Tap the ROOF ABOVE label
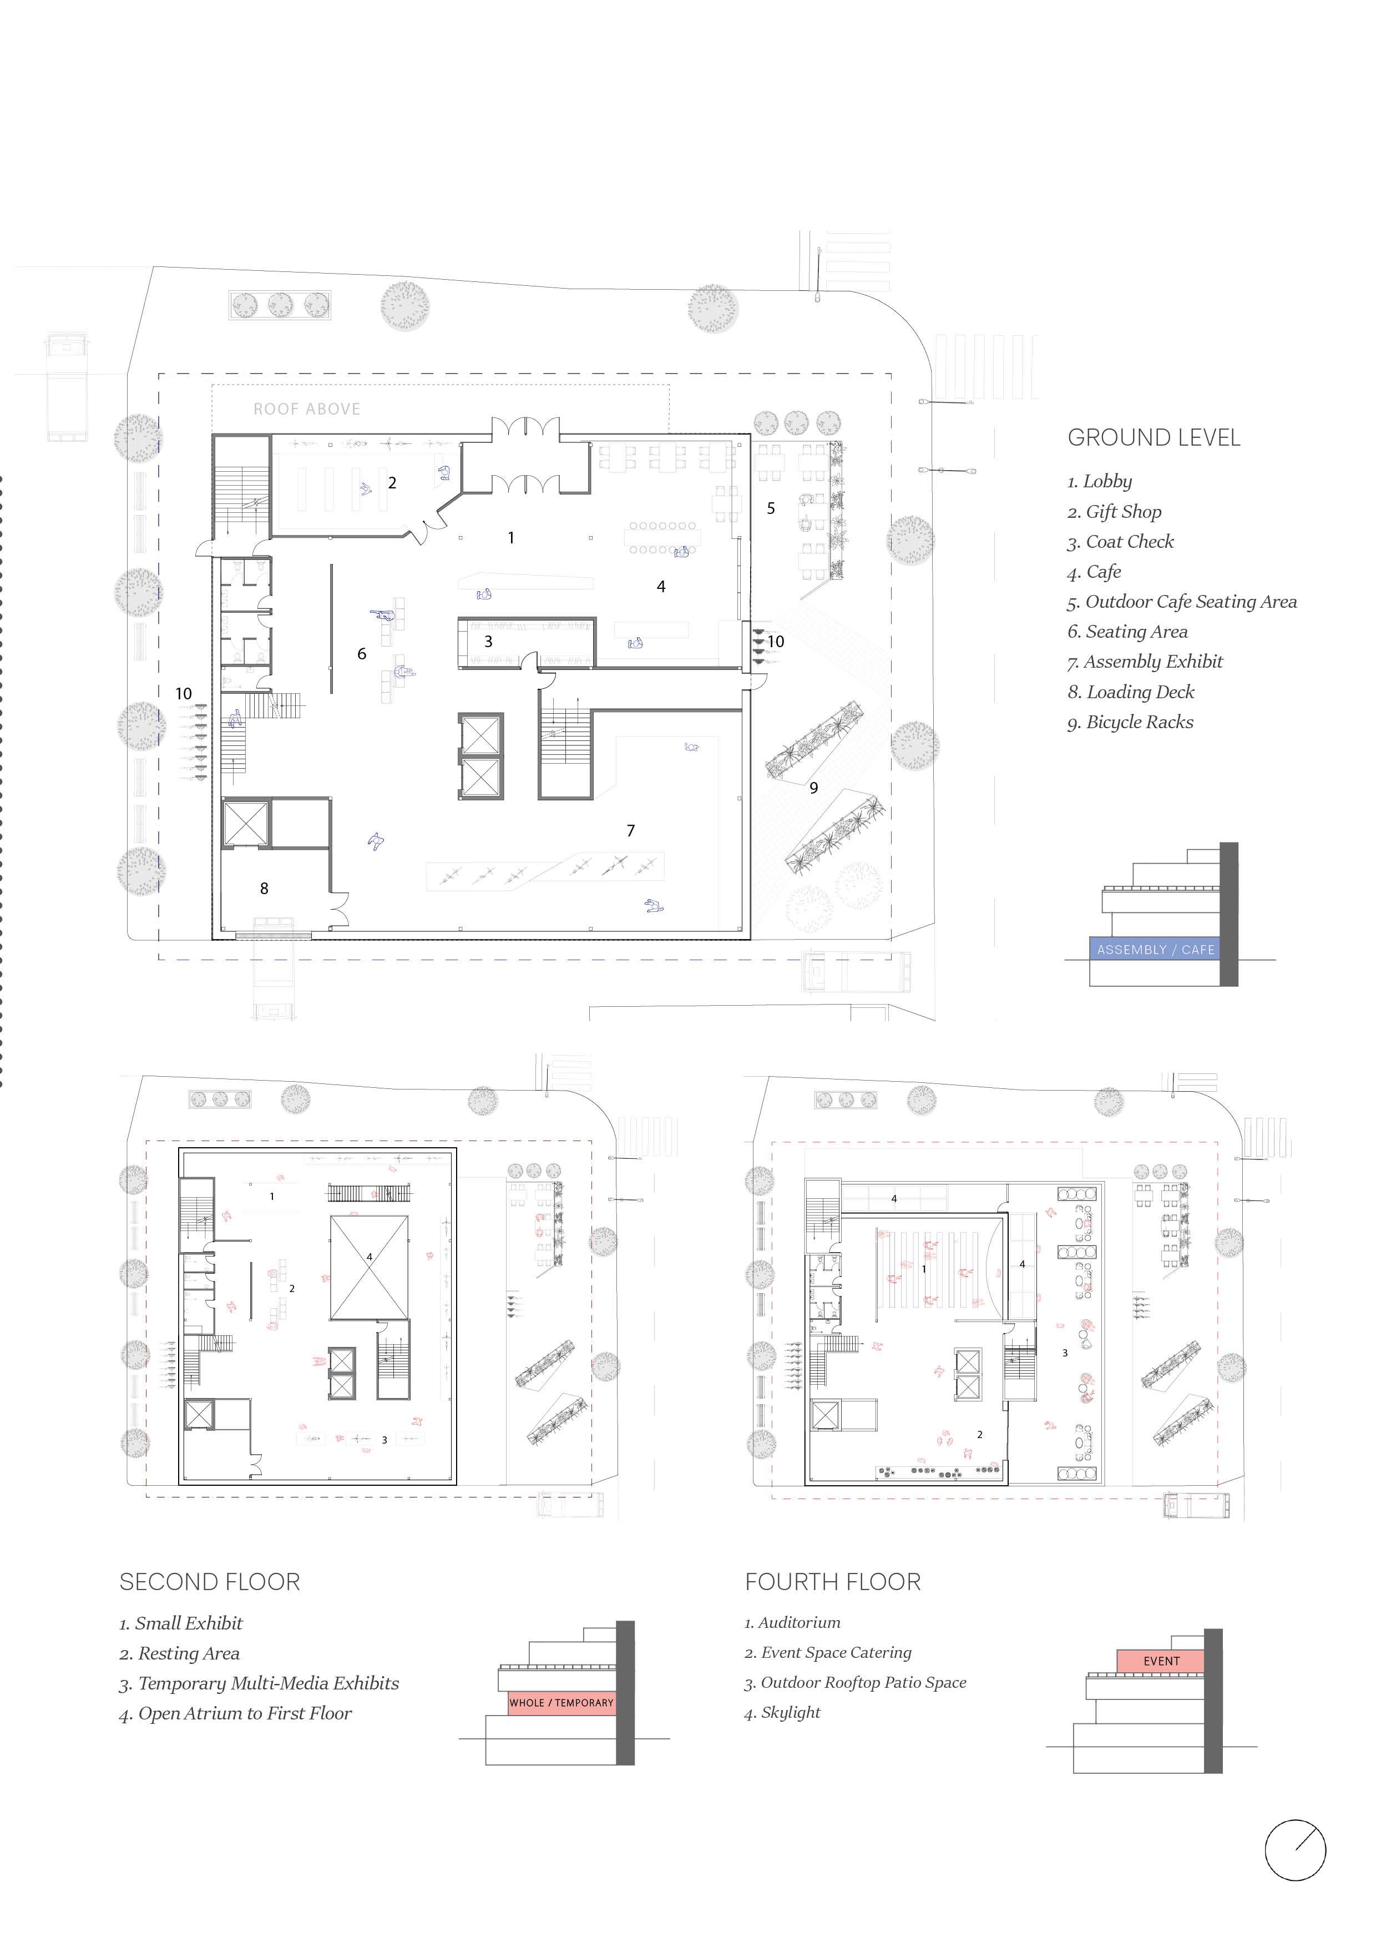click(x=307, y=408)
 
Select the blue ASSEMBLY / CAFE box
click(x=1154, y=949)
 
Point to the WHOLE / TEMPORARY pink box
click(x=561, y=1702)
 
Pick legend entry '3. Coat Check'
click(x=1120, y=541)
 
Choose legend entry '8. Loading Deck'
click(x=1130, y=692)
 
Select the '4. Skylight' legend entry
click(x=782, y=1712)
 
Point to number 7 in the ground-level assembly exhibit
click(x=631, y=831)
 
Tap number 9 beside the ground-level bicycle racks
click(x=814, y=788)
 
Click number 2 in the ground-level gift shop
click(x=392, y=482)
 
